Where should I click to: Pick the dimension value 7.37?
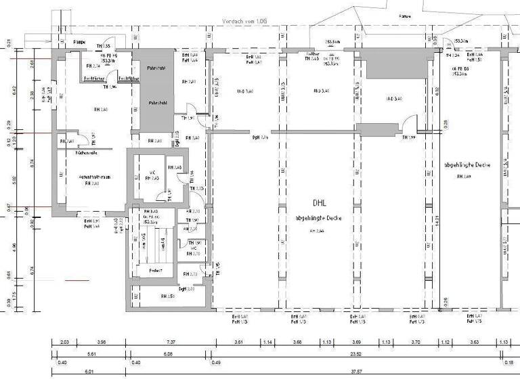pyautogui.click(x=171, y=343)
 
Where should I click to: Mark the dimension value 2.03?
pyautogui.click(x=64, y=343)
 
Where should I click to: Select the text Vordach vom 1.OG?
pyautogui.click(x=246, y=22)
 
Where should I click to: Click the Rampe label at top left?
pyautogui.click(x=79, y=42)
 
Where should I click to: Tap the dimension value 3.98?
pyautogui.click(x=102, y=343)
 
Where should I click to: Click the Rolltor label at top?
pyautogui.click(x=312, y=53)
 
